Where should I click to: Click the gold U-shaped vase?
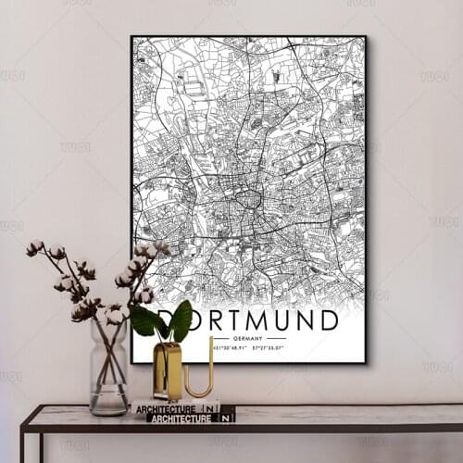click(x=168, y=370)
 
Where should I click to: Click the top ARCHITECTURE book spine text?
click(x=165, y=408)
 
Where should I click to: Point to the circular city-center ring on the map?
click(x=248, y=198)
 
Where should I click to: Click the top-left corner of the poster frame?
click(x=132, y=37)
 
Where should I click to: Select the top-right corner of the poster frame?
click(x=365, y=37)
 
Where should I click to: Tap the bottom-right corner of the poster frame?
click(x=365, y=362)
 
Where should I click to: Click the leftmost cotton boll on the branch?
click(x=35, y=247)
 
